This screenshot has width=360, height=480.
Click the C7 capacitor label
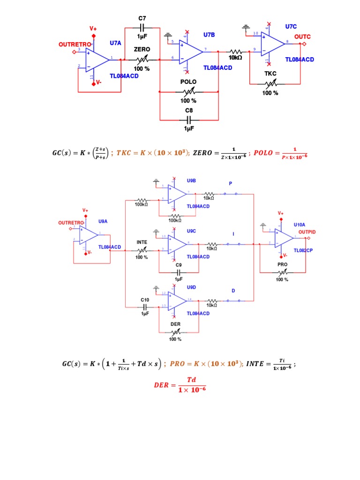tap(142, 18)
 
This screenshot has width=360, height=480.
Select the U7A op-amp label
tap(115, 43)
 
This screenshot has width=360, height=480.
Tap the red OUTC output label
tap(302, 37)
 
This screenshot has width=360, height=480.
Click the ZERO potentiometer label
tap(142, 49)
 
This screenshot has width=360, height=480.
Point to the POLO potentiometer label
tap(188, 82)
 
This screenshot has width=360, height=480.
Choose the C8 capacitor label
tap(188, 111)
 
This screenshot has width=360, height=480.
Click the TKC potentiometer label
tap(270, 74)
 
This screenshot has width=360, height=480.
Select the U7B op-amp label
tap(209, 35)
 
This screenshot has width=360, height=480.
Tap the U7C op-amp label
tap(291, 27)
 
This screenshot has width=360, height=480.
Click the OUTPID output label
tap(307, 232)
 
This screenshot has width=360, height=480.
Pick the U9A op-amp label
tap(103, 221)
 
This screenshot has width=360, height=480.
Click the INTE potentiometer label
tap(142, 242)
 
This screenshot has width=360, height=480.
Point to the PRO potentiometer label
tap(282, 264)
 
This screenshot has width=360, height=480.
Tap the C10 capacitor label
tap(145, 300)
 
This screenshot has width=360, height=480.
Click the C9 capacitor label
tap(179, 265)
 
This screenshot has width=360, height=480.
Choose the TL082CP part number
tap(303, 250)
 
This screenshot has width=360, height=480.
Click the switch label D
tap(233, 291)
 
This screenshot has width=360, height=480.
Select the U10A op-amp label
tap(299, 225)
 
